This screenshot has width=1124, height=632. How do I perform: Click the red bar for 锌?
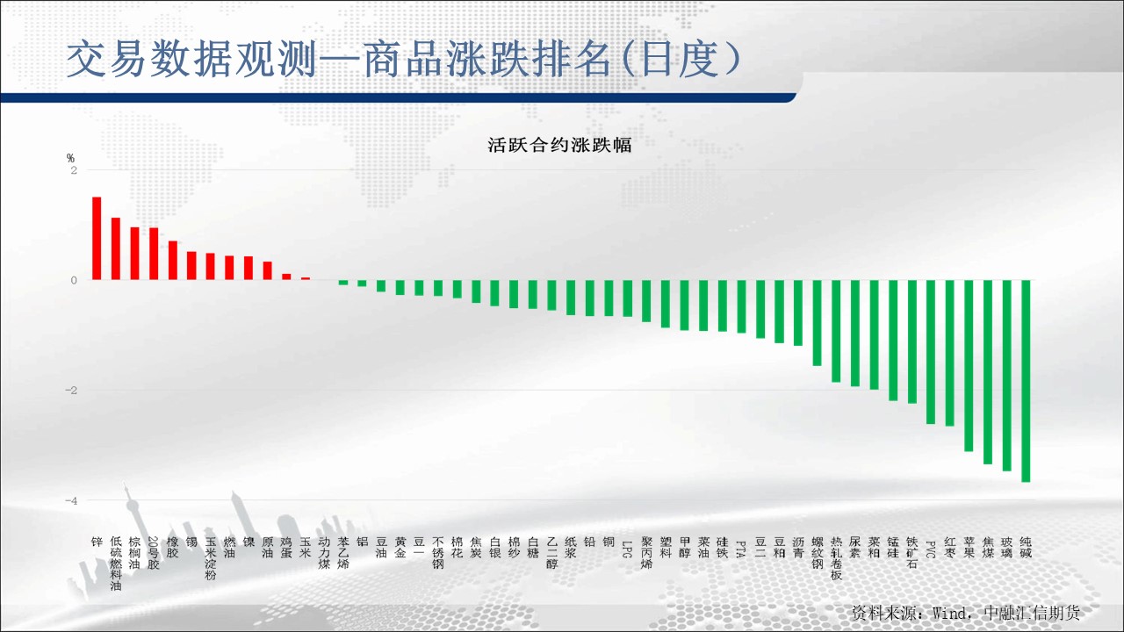tap(97, 238)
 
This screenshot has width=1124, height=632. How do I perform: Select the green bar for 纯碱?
tap(1026, 381)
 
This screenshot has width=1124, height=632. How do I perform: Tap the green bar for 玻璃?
tap(1006, 375)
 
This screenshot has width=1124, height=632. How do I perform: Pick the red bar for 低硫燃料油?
tap(116, 248)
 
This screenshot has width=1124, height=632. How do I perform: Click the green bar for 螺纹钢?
tap(817, 323)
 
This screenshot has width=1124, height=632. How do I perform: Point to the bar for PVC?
tap(931, 352)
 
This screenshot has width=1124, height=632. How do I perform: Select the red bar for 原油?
tap(268, 271)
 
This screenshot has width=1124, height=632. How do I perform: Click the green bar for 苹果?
tap(969, 366)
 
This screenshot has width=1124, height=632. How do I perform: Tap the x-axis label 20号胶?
tap(154, 553)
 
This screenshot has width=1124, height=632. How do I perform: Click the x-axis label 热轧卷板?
tap(836, 558)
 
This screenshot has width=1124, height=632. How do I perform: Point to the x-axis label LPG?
tap(627, 549)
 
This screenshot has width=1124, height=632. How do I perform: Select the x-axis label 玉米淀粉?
tap(211, 558)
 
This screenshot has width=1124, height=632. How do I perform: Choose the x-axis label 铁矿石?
tap(912, 553)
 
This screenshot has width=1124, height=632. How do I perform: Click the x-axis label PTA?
tap(740, 549)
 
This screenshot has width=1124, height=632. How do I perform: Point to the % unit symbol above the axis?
tap(70, 159)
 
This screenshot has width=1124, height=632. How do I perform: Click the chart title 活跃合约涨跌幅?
tap(559, 145)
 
